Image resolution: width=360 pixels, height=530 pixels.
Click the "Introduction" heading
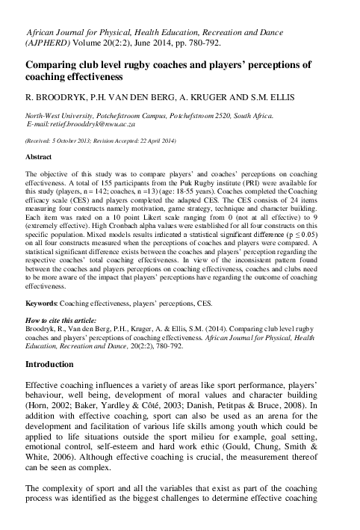49,365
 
